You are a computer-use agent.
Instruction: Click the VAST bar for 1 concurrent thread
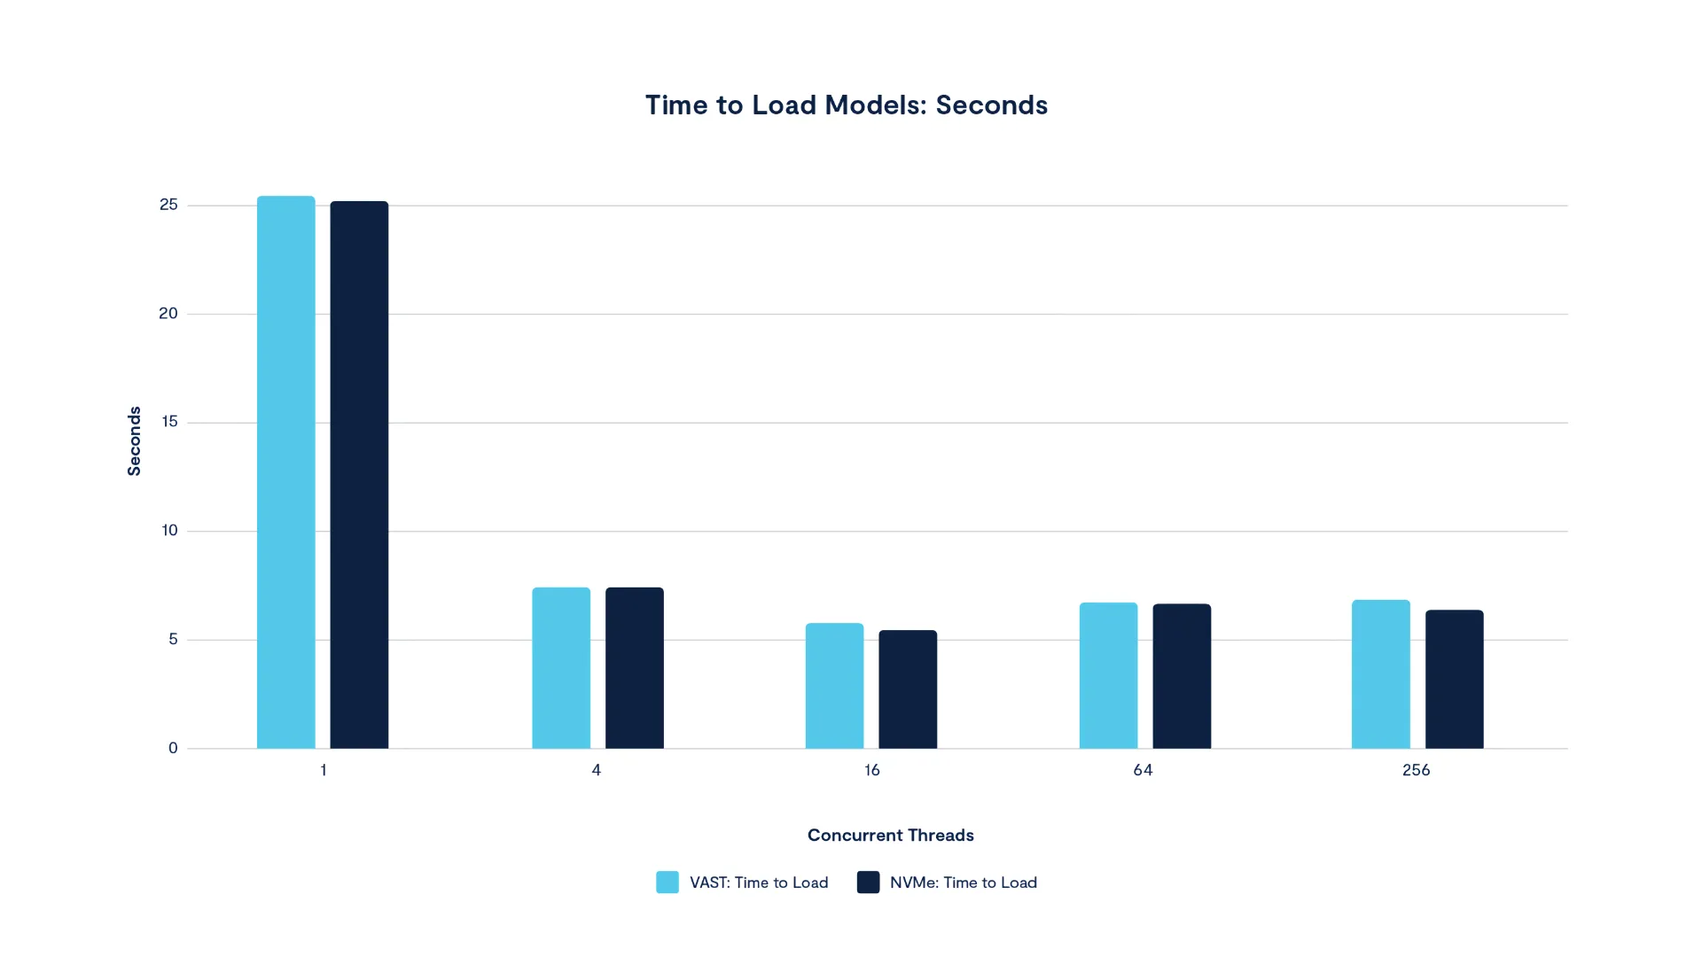point(285,472)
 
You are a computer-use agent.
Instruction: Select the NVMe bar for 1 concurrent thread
point(359,475)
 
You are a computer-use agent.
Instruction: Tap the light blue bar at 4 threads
point(561,668)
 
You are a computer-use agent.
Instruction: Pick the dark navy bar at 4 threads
point(635,668)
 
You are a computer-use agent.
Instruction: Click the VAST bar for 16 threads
point(834,686)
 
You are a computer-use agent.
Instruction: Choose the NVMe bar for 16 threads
point(908,689)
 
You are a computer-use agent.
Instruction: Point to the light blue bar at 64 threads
point(1108,675)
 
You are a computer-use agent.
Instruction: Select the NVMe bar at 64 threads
point(1182,676)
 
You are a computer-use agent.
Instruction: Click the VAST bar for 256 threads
point(1381,674)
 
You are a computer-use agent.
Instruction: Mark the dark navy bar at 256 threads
point(1455,679)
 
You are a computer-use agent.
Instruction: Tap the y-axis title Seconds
point(134,441)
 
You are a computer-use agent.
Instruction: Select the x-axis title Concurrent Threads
point(890,835)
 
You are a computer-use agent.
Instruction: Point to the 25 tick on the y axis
point(168,205)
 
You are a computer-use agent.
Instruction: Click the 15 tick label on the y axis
point(169,422)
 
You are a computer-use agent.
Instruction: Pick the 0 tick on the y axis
point(173,748)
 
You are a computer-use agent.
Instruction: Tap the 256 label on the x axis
point(1416,770)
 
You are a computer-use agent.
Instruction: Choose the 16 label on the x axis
point(871,770)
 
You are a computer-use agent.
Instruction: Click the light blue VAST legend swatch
point(668,882)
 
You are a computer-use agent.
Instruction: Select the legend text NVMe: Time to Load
point(963,883)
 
